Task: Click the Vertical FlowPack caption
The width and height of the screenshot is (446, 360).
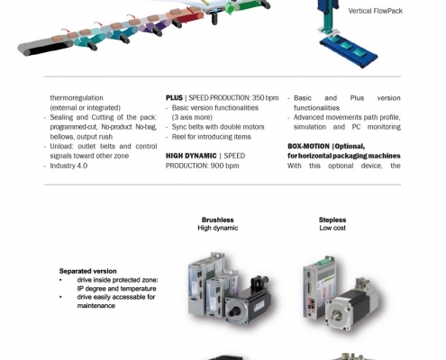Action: [375, 11]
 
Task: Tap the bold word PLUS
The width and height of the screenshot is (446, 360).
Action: [174, 98]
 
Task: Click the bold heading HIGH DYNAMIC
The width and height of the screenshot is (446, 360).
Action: [191, 156]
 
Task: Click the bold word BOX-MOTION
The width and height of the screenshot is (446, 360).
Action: [308, 147]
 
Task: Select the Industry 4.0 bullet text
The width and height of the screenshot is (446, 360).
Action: [68, 166]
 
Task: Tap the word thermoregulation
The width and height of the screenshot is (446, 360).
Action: [77, 98]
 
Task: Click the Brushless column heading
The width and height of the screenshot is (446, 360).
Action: [218, 220]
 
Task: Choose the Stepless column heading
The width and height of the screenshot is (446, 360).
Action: [332, 220]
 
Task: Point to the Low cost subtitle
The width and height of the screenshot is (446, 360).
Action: [332, 228]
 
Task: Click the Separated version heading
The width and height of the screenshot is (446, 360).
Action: [88, 271]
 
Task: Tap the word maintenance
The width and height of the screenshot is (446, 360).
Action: [96, 306]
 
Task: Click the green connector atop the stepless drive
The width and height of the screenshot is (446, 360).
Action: [325, 261]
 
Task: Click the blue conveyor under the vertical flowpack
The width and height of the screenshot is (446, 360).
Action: [349, 51]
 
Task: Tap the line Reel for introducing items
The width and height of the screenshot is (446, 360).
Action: [211, 137]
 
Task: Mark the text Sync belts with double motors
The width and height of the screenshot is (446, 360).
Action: [218, 127]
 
